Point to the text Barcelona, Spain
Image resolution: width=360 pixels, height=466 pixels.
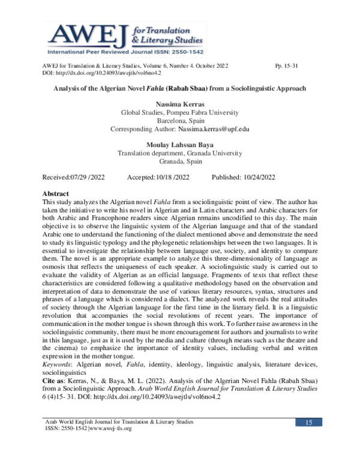(x=180, y=120)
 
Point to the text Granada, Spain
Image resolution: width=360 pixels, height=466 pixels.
(x=180, y=162)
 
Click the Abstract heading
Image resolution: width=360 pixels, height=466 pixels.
(x=56, y=194)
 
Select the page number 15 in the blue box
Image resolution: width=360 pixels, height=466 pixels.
(x=309, y=441)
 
